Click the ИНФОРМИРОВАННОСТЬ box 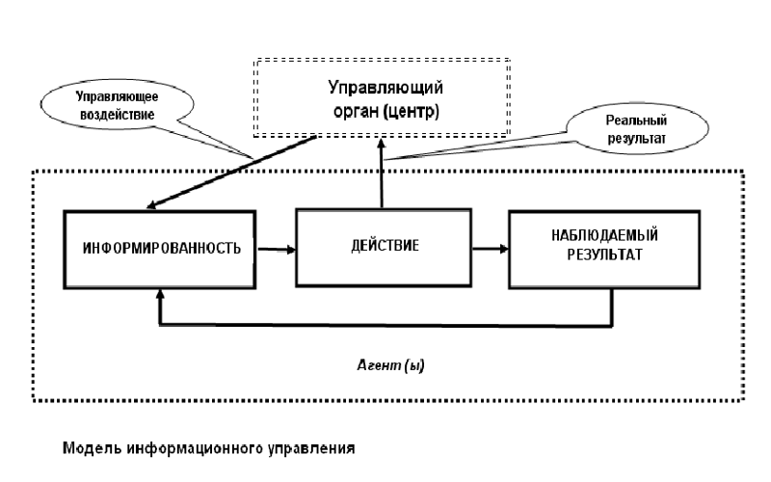pos(158,248)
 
